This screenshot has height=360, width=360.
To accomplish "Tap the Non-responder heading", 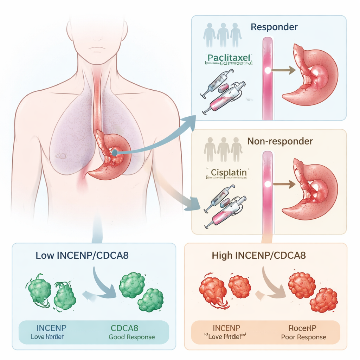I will coord(280,141).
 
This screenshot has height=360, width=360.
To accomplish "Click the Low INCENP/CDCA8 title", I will coord(82,255).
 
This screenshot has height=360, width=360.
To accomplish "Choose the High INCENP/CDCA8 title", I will coord(259,255).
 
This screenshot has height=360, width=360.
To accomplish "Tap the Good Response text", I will coord(131,337).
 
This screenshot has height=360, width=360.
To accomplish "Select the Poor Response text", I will coord(304,337).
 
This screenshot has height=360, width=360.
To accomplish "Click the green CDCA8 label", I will coord(124,328).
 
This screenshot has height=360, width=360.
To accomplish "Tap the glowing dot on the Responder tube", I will coord(268,70).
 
